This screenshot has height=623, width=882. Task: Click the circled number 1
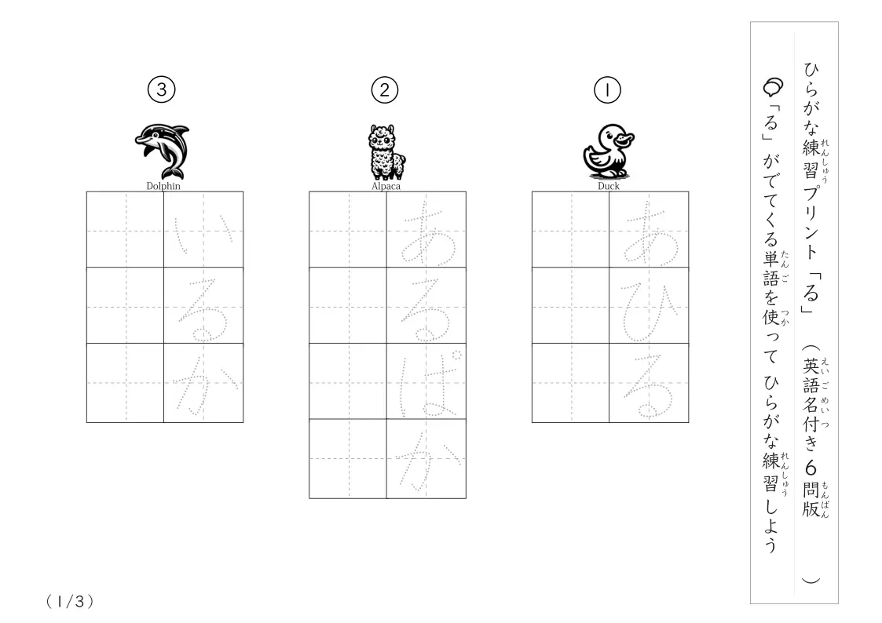pos(607,90)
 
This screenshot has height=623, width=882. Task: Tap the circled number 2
pos(385,90)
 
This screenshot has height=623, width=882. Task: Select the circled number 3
pos(162,90)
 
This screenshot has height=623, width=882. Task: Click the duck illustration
pos(608,151)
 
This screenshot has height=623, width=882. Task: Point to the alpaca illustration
pos(386,151)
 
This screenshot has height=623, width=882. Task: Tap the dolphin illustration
pos(163,151)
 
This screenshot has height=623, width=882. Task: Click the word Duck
pos(609,186)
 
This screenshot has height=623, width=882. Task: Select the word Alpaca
pos(386,186)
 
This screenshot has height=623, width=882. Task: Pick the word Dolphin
pos(163,186)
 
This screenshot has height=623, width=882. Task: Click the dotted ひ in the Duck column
pos(649,313)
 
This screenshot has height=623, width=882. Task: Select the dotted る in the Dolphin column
pos(203,309)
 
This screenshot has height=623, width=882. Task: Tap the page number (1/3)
pos(70,602)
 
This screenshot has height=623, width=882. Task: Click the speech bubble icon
pos(773,87)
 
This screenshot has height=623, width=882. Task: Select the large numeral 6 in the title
pos(811,468)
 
